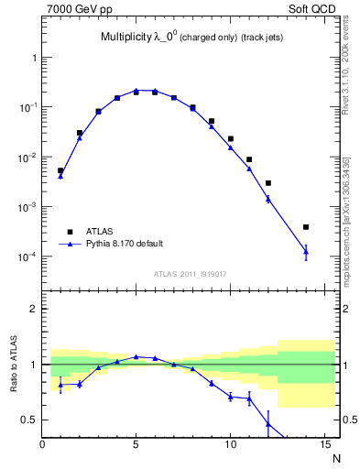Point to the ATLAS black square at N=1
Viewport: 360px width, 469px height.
(x=60, y=170)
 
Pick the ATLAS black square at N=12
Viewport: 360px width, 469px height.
(x=268, y=183)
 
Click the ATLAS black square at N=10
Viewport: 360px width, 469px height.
(x=231, y=139)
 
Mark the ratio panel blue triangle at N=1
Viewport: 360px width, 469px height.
(x=60, y=385)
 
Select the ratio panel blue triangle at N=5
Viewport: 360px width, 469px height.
(x=136, y=356)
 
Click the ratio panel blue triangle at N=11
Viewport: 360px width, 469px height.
(x=249, y=398)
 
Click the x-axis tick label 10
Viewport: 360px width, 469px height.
(x=231, y=446)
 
